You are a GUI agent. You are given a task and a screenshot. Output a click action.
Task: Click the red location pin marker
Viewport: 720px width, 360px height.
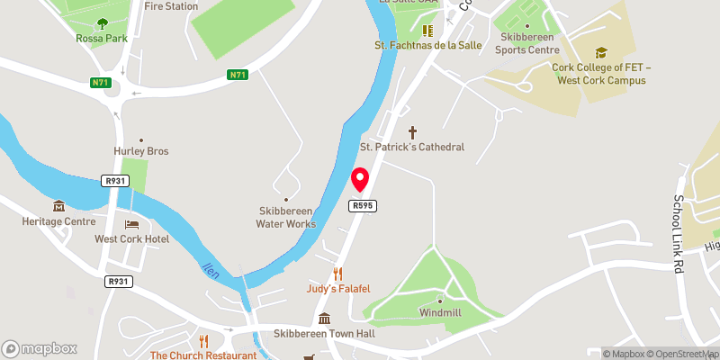point(360,180)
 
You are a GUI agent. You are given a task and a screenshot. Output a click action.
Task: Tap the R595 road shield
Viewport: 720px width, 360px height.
point(363,206)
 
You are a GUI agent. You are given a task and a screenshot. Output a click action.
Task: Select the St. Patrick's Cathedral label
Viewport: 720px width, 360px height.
point(412,147)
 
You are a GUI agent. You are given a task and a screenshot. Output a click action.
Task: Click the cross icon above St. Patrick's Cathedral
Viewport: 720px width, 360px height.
point(413,131)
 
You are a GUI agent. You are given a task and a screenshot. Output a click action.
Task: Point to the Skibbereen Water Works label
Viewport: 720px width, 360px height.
point(287,217)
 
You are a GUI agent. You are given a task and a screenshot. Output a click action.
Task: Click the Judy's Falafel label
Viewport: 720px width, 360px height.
point(338,288)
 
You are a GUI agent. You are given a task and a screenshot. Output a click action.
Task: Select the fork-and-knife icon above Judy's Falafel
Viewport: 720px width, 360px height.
point(338,273)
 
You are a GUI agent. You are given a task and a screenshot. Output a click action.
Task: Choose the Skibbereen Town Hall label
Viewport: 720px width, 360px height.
point(324,334)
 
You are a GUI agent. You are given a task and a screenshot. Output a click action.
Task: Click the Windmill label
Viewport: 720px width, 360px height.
point(440,312)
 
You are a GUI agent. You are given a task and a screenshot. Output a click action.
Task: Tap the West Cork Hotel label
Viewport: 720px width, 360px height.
point(132,239)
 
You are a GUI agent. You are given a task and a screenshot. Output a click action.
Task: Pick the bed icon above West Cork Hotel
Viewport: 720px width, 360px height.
point(132,224)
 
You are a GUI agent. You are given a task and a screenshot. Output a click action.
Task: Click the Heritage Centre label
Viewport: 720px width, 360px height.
point(60,221)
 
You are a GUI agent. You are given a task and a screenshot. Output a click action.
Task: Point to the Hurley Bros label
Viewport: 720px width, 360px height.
point(140,151)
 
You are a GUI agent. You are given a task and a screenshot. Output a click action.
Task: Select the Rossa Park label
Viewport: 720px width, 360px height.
point(101,39)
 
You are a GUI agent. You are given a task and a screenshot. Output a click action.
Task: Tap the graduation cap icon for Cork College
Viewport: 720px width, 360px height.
point(601,53)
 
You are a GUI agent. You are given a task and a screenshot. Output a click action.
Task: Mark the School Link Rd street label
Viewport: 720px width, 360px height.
point(676,234)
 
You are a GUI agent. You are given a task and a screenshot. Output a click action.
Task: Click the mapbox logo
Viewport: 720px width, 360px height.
point(40,348)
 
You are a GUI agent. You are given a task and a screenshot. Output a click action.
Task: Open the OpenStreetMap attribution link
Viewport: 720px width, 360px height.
point(684,354)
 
